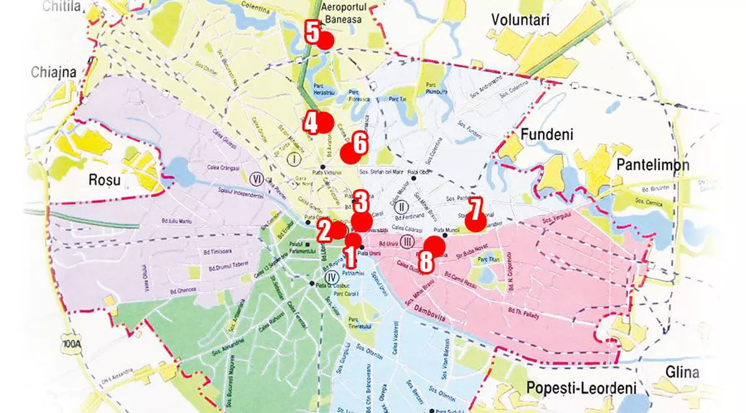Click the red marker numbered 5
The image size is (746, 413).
click(x=326, y=40)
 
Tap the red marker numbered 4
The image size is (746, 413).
click(x=325, y=122)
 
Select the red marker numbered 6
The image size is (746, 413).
click(x=349, y=154)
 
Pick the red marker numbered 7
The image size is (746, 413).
click(x=476, y=222)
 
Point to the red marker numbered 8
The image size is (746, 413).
click(x=435, y=246)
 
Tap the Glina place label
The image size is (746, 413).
click(x=681, y=373)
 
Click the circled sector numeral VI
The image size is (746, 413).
click(x=256, y=179)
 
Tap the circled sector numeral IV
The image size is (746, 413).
click(x=330, y=277)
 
